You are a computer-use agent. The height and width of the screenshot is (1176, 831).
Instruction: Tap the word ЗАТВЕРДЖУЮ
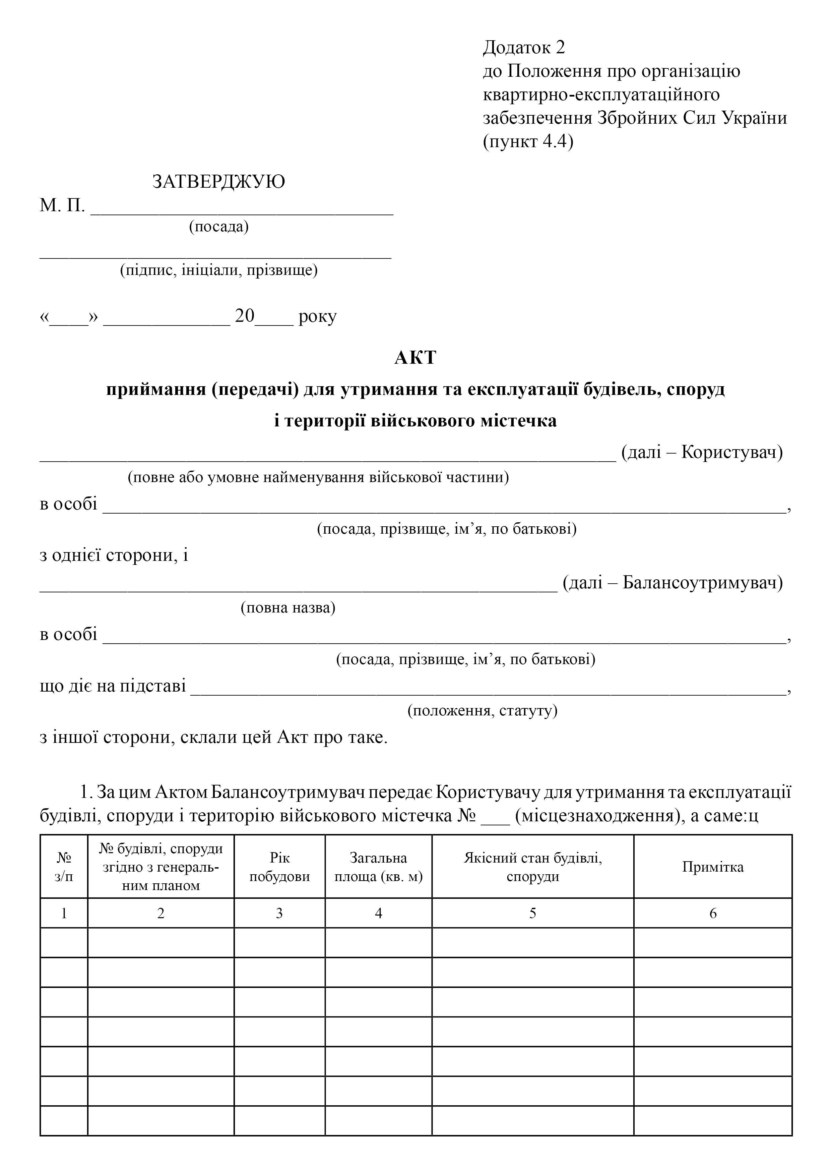coord(218,182)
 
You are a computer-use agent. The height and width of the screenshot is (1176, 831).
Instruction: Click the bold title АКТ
coord(415,357)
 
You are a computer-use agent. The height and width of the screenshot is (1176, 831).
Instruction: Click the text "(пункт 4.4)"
coord(528,141)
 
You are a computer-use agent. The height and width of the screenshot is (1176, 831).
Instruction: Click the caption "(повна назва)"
coord(288,608)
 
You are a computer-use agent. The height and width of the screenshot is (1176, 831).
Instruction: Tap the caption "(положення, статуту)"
coord(482,710)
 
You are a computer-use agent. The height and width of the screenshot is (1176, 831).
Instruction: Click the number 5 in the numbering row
coord(532,913)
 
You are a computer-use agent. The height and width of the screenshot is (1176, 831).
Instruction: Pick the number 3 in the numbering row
coord(279,913)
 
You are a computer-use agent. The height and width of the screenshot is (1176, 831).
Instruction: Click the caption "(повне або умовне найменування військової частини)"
coord(318,478)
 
